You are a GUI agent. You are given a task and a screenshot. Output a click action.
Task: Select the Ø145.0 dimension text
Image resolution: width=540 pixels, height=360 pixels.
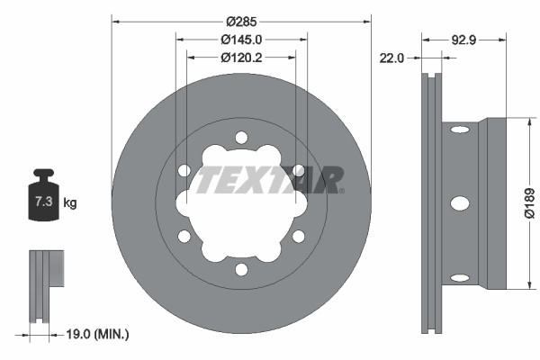coord(241,40)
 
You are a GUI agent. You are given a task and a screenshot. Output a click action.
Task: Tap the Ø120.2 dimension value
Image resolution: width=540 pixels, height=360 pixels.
coord(241,57)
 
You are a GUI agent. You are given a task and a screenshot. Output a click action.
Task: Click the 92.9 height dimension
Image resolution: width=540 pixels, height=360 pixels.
coord(463,40)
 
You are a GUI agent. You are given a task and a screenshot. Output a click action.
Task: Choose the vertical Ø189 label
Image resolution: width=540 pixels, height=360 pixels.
coord(529,203)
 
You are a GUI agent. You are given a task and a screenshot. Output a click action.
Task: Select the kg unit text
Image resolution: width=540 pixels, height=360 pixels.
coord(70,203)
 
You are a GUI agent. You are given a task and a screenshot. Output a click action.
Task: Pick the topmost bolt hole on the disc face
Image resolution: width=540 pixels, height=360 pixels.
coord(241,137)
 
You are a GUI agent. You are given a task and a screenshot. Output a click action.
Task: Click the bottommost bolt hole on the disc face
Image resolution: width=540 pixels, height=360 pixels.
coord(241,269)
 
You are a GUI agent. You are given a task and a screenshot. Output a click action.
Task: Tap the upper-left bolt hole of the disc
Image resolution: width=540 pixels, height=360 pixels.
coord(184,170)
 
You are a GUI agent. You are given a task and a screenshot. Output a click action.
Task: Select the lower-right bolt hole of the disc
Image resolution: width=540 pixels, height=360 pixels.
coord(298,237)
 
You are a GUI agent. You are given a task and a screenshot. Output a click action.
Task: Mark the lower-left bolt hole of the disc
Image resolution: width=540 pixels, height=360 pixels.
coord(184,237)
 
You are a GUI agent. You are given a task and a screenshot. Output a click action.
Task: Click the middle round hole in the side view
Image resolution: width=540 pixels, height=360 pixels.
coord(459,203)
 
